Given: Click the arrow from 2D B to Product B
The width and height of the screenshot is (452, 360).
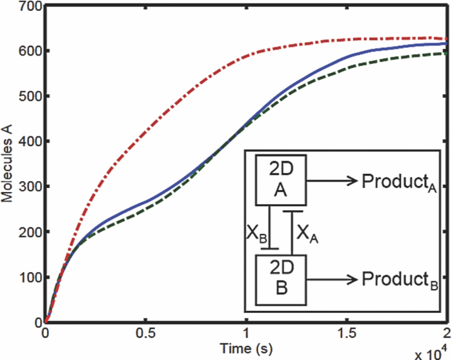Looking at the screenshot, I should click(x=333, y=279).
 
